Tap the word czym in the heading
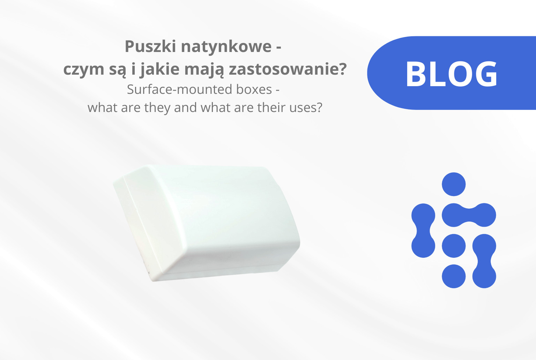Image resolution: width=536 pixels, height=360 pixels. [x=83, y=69]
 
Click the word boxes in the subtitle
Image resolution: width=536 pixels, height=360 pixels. [x=254, y=90]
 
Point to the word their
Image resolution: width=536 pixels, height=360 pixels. [x=273, y=107]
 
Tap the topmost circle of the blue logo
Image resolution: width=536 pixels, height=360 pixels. [x=454, y=184]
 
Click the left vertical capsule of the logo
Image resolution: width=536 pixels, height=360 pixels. [x=423, y=231]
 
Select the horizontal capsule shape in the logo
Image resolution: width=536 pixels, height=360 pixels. [x=469, y=215]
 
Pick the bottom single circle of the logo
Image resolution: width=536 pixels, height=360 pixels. [x=454, y=276]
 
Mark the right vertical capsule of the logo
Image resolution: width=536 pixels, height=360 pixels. [x=484, y=261]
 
